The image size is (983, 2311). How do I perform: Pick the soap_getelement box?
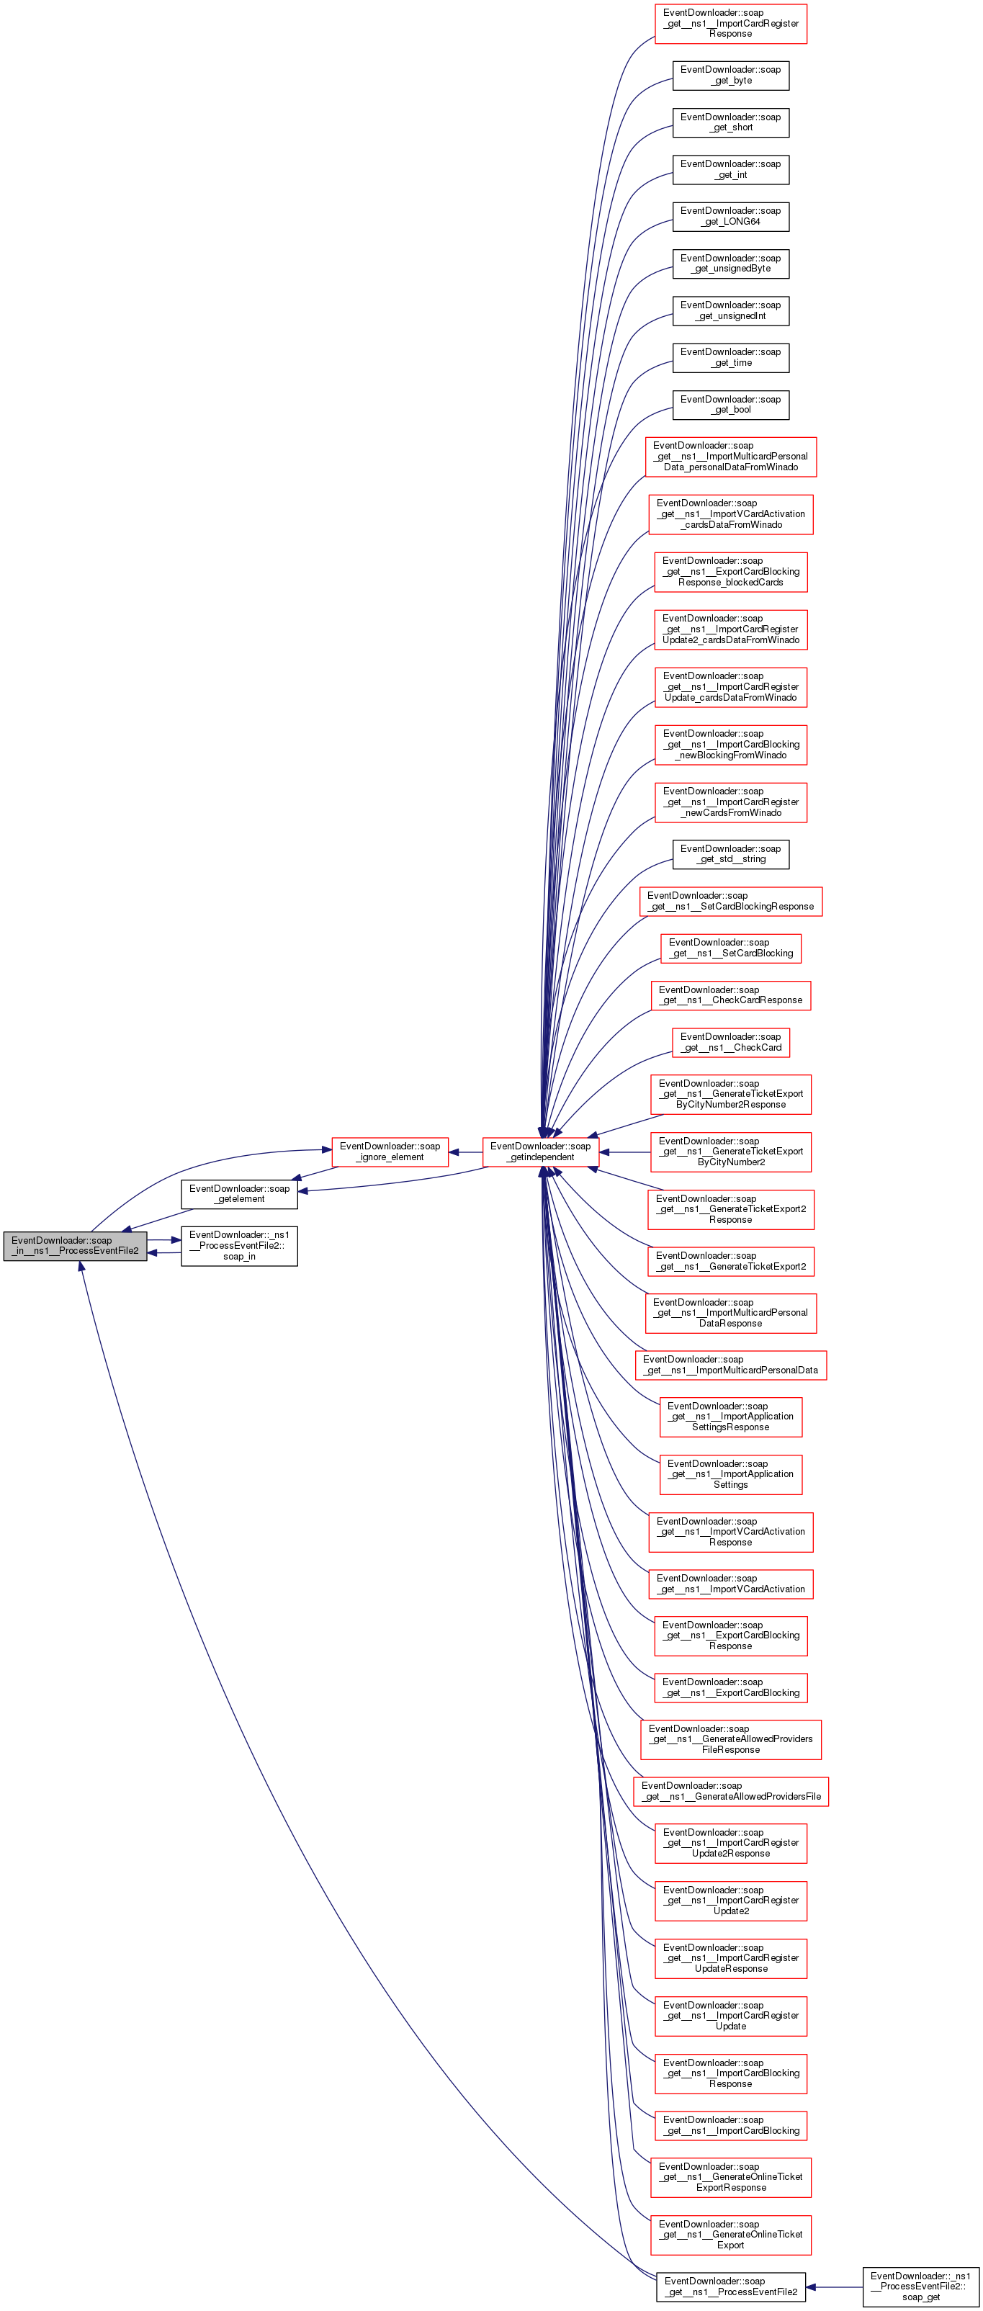(240, 1193)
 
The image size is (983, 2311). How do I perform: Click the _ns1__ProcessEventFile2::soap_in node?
(240, 1245)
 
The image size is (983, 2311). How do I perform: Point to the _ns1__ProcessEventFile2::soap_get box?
(920, 2287)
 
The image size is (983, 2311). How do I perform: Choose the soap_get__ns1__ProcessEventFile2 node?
(730, 2287)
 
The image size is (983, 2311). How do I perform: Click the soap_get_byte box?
(730, 76)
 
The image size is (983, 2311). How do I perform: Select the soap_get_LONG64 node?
(730, 216)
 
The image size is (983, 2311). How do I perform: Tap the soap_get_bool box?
(730, 405)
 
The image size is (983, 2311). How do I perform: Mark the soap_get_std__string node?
(730, 854)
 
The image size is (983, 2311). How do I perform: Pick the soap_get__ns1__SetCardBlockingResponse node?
(730, 901)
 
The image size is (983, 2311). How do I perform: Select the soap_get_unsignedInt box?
(730, 310)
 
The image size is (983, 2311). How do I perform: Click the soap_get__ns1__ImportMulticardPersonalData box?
(730, 1365)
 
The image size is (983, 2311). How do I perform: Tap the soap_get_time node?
(730, 357)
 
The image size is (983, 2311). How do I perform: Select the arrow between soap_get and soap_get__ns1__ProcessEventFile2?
(834, 2287)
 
